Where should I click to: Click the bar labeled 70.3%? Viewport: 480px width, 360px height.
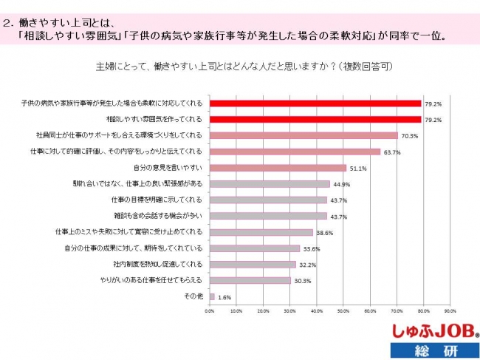click(304, 135)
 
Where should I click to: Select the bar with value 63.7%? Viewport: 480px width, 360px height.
click(295, 152)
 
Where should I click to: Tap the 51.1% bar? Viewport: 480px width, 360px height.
click(278, 168)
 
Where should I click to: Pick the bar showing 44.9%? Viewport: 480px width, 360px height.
click(270, 184)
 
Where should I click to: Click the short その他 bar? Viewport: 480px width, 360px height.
click(212, 296)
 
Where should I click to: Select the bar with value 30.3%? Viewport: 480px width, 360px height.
click(250, 280)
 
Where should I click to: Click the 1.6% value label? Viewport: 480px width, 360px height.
click(224, 297)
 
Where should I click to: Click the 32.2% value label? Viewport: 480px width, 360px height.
click(307, 265)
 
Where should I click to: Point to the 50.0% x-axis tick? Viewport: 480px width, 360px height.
click(344, 310)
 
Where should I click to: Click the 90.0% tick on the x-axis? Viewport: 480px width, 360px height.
click(450, 310)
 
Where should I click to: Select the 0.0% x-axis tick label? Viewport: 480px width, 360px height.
click(210, 310)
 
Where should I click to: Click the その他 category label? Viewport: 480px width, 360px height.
click(193, 296)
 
